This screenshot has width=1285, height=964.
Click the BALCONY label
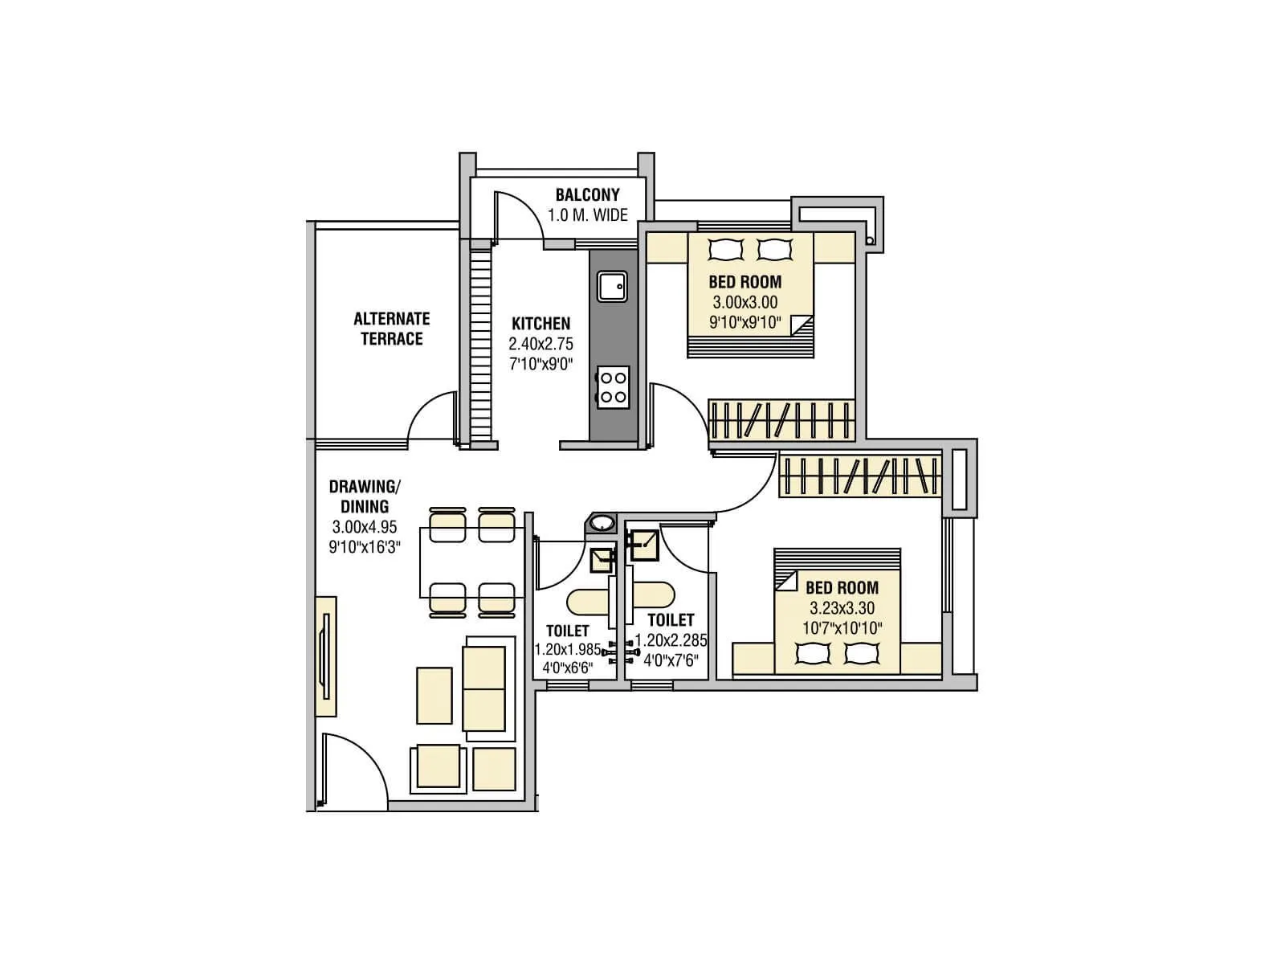(x=587, y=195)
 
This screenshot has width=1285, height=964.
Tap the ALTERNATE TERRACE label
(x=391, y=329)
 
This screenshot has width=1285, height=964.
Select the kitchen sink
(x=612, y=287)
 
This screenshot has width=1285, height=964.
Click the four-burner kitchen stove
(x=612, y=386)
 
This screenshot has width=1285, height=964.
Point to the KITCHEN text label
(x=541, y=324)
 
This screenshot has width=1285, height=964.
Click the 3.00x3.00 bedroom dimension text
(x=744, y=303)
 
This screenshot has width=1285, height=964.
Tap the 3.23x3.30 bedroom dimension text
(x=842, y=608)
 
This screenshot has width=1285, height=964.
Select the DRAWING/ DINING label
(x=364, y=496)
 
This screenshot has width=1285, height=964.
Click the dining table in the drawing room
(x=471, y=562)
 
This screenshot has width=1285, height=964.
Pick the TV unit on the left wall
(x=325, y=656)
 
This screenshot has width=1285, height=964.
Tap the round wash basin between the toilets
(x=601, y=524)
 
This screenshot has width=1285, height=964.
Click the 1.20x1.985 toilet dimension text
(x=567, y=649)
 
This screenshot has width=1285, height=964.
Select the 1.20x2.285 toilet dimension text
(x=671, y=641)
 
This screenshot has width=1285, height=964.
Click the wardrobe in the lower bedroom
(x=859, y=476)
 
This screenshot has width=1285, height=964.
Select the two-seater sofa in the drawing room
(x=483, y=688)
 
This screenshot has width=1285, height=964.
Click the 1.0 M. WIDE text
(x=587, y=215)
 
